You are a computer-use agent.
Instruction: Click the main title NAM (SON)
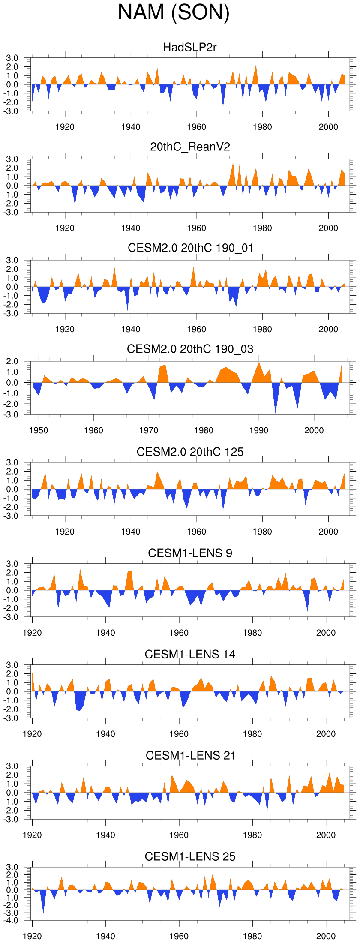[x=174, y=12]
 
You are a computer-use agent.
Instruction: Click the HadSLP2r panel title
[x=190, y=47]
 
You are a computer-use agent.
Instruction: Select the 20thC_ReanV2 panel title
[x=190, y=147]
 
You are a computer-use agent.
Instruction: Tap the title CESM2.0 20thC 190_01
[x=190, y=248]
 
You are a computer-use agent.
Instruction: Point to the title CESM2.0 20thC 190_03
[x=190, y=349]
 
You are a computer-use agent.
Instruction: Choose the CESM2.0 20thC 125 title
[x=190, y=452]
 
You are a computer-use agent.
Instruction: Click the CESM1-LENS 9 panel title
[x=190, y=553]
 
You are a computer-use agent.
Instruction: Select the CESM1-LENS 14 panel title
[x=190, y=655]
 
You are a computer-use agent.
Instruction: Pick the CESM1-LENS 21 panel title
[x=190, y=756]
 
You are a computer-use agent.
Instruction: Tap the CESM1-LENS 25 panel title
[x=190, y=857]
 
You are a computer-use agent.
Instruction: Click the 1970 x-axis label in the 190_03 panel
[x=149, y=430]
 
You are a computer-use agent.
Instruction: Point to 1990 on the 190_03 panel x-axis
[x=259, y=430]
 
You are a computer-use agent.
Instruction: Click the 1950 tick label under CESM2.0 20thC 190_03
[x=39, y=430]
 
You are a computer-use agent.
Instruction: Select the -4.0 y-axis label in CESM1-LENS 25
[x=12, y=920]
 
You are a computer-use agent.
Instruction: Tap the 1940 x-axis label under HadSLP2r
[x=131, y=127]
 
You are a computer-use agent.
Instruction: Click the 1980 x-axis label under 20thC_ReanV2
[x=262, y=228]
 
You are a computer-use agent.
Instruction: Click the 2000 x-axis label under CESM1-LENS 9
[x=326, y=633]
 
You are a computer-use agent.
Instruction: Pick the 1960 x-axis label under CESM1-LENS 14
[x=179, y=734]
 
